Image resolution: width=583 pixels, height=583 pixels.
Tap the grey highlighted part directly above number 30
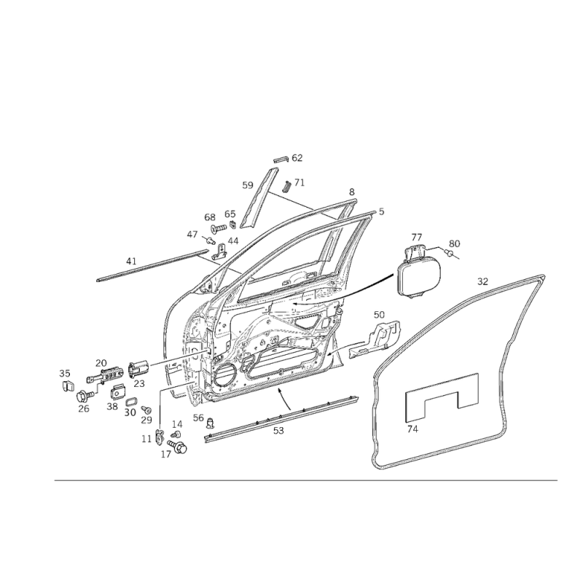131,401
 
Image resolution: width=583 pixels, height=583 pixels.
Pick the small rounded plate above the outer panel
419,275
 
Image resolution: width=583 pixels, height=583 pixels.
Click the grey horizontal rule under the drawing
306,480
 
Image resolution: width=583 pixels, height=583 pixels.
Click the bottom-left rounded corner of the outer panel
377,459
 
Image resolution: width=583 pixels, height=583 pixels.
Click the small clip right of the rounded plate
453,248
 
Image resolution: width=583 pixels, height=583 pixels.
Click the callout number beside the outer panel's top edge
482,278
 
